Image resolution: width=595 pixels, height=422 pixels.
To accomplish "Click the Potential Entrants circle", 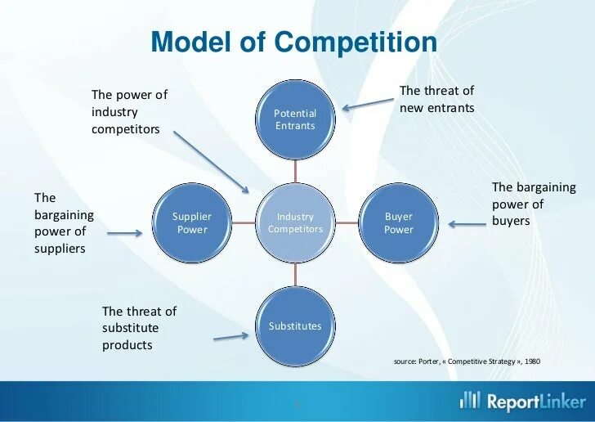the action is [x=295, y=119].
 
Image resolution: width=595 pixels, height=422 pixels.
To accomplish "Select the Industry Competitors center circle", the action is [x=295, y=222].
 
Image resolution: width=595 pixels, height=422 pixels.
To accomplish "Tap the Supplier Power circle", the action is [x=191, y=222].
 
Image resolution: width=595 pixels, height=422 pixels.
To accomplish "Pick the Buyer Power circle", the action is [x=399, y=222].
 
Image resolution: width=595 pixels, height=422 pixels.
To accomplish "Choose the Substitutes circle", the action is [x=295, y=325].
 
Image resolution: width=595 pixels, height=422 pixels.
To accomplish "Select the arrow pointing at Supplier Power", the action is [x=124, y=233].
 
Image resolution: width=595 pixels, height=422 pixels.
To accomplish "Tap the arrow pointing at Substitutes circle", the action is [x=230, y=336].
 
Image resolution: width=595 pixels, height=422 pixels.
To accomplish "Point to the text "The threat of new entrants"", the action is [x=436, y=99].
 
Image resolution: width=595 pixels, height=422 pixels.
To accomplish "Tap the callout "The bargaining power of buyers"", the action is [x=533, y=204].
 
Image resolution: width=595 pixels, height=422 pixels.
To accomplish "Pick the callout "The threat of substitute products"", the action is [x=138, y=328].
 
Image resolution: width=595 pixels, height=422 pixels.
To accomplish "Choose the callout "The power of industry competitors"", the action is [x=129, y=112].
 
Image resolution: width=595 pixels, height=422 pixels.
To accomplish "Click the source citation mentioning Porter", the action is [x=467, y=361].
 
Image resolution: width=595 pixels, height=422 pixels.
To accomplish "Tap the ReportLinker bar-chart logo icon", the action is [x=470, y=400].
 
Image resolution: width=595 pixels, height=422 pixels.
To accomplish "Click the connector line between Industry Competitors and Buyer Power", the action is [x=347, y=222].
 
